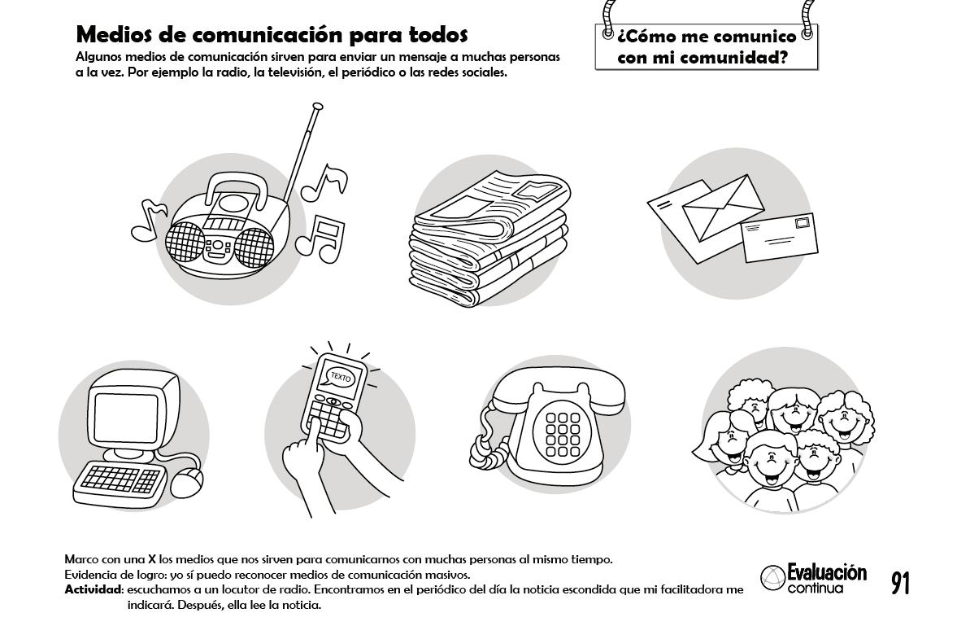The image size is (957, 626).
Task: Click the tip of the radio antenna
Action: pyautogui.click(x=317, y=107)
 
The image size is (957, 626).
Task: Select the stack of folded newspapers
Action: pyautogui.click(x=489, y=238)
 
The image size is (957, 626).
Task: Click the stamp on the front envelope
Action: pyautogui.click(x=804, y=222)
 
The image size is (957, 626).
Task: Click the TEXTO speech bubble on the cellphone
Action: pyautogui.click(x=338, y=377)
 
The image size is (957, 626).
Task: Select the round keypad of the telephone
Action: pyautogui.click(x=562, y=434)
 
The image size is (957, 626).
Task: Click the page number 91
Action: pyautogui.click(x=900, y=583)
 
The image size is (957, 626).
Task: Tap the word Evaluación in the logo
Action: pyautogui.click(x=826, y=573)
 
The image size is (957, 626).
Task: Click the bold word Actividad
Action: pyautogui.click(x=94, y=590)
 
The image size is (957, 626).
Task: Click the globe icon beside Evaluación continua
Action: pyautogui.click(x=772, y=578)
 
